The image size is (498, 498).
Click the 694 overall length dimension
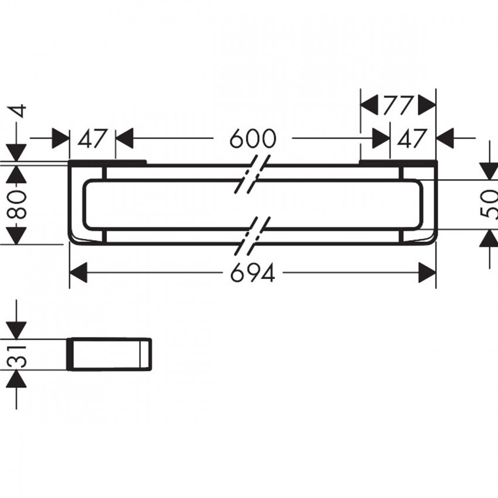(253, 273)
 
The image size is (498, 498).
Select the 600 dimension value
(253, 138)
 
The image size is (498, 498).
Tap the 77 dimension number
(398, 105)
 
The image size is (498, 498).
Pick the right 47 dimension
(411, 139)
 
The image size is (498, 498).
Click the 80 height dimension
(16, 205)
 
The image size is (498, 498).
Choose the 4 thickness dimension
(19, 111)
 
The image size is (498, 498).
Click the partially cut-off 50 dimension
(489, 204)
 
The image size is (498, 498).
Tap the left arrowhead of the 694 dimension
(78, 272)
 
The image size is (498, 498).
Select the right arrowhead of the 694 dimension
(427, 272)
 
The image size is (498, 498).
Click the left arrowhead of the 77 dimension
(369, 104)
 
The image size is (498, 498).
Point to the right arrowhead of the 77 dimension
(427, 104)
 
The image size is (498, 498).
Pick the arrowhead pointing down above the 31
(16, 330)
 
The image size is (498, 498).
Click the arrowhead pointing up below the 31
(16, 380)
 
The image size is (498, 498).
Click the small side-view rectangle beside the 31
(109, 354)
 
